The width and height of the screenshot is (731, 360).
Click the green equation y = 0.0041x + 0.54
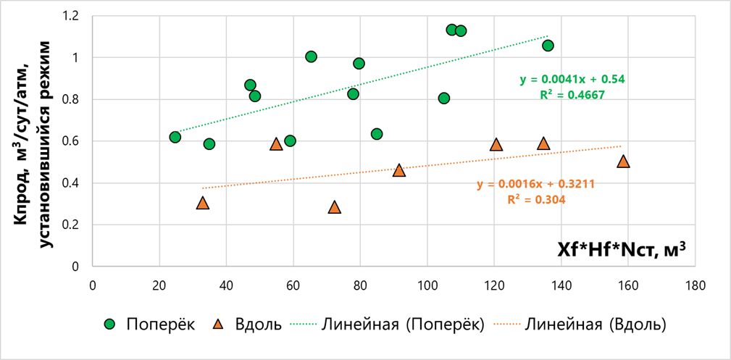click(x=572, y=80)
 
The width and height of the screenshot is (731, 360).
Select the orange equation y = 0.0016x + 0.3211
click(x=535, y=184)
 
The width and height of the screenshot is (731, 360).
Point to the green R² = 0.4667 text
click(x=572, y=94)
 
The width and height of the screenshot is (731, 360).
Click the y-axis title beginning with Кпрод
click(x=33, y=141)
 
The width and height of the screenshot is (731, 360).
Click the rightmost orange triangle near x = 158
click(x=623, y=162)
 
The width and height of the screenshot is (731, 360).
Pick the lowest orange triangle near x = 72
click(x=334, y=207)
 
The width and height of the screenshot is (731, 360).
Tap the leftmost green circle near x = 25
click(x=175, y=137)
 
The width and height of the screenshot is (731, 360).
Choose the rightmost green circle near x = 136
click(x=548, y=46)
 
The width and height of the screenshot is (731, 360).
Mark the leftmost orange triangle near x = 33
click(x=203, y=204)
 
